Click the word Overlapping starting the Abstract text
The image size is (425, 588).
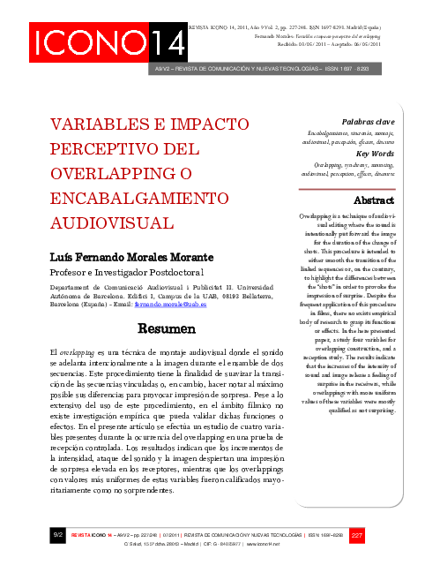(x=315, y=215)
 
